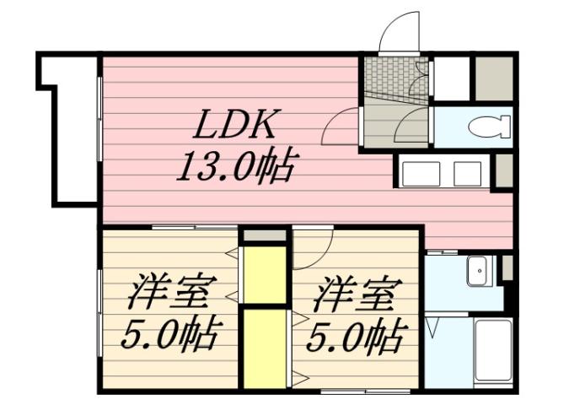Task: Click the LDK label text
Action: point(234,127)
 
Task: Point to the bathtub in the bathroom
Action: point(492,351)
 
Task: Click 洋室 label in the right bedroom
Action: point(355,295)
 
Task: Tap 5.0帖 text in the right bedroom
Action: point(353,337)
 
